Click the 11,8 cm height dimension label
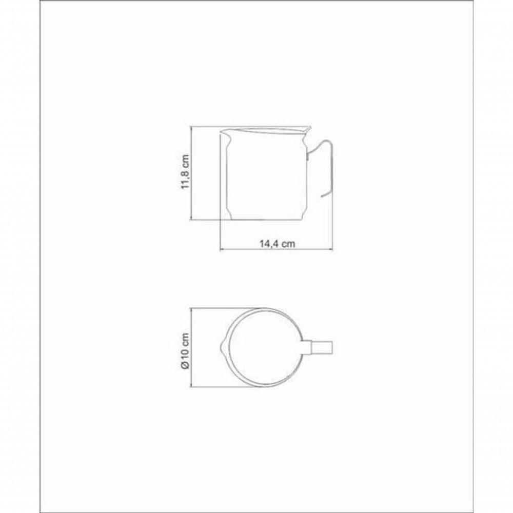click(186, 172)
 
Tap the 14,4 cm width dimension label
click(277, 244)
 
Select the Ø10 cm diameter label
click(185, 351)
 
